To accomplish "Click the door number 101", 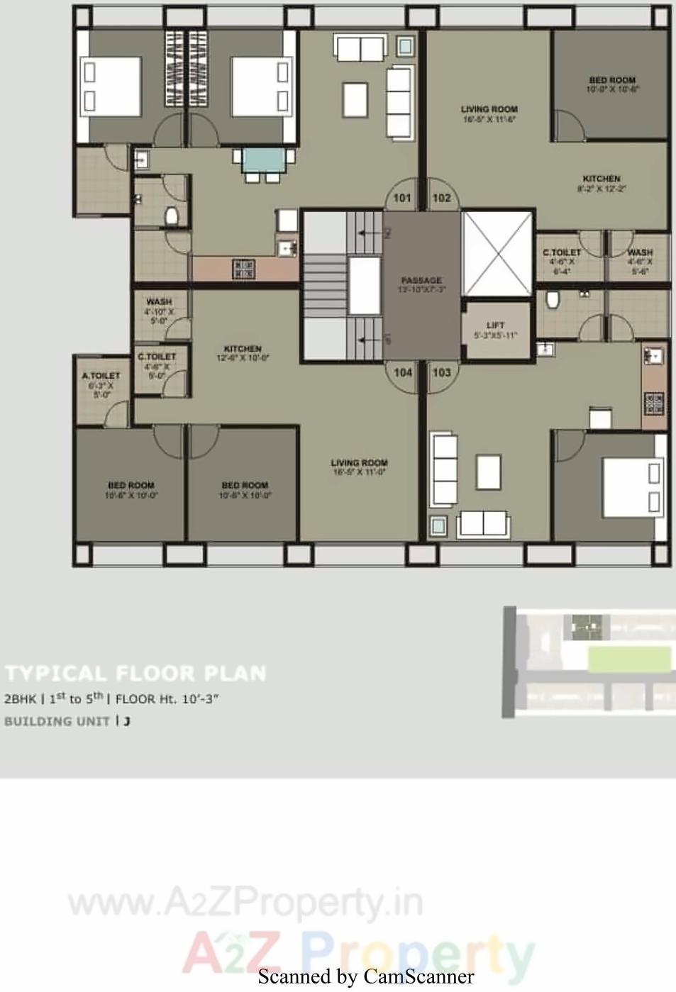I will click(x=402, y=198).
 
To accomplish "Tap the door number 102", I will click(x=441, y=198).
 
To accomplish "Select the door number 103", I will click(x=441, y=372).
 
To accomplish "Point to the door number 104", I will click(x=403, y=372).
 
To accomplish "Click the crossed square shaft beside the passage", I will click(x=497, y=253).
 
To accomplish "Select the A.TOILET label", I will click(x=101, y=376).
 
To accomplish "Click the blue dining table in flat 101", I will click(x=267, y=160).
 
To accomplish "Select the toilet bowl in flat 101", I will click(x=171, y=216).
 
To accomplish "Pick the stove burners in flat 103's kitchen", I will click(x=653, y=404).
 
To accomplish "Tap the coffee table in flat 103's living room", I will click(x=489, y=472).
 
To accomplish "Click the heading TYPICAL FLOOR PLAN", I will click(x=135, y=673).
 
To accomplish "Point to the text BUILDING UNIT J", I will click(x=67, y=721).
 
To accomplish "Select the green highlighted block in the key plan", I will click(x=629, y=659).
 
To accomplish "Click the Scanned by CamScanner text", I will click(x=365, y=977).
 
